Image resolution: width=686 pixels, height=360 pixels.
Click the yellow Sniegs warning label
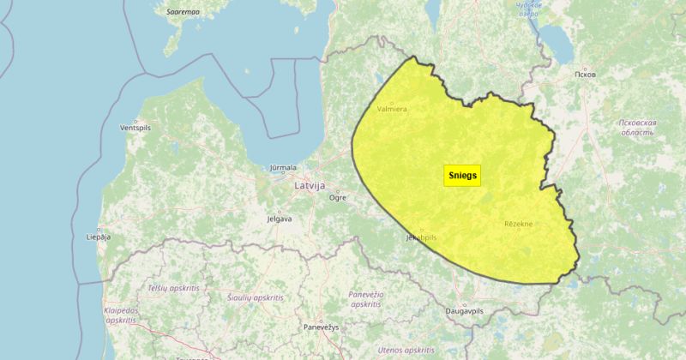pyautogui.click(x=463, y=175)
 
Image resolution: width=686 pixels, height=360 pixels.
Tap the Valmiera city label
pyautogui.click(x=392, y=110)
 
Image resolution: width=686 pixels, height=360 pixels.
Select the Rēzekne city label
pyautogui.click(x=518, y=225)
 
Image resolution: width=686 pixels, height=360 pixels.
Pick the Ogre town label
pyautogui.click(x=338, y=197)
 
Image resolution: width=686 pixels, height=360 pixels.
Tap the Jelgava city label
pyautogui.click(x=279, y=219)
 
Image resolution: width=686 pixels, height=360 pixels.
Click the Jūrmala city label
pyautogui.click(x=283, y=168)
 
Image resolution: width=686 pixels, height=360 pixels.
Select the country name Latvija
pyautogui.click(x=310, y=184)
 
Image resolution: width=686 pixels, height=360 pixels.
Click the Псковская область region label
pyautogui.click(x=637, y=128)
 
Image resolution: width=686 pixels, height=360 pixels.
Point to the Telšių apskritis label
pyautogui.click(x=173, y=288)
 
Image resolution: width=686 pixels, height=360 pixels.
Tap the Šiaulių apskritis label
pyautogui.click(x=256, y=297)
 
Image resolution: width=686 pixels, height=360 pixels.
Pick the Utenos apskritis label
pyautogui.click(x=406, y=351)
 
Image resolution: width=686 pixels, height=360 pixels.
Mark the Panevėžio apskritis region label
pyautogui.click(x=365, y=299)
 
